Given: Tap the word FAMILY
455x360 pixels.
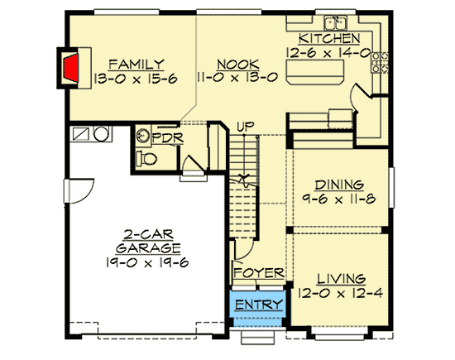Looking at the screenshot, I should click(136, 64).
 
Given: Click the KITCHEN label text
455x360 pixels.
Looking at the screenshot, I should click(328, 39).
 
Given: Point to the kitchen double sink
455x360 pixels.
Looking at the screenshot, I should click(335, 22).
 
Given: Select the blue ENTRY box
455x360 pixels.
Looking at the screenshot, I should click(258, 305).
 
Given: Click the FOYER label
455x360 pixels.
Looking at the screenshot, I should click(258, 273).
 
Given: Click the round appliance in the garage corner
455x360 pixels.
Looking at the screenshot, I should click(100, 133).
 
